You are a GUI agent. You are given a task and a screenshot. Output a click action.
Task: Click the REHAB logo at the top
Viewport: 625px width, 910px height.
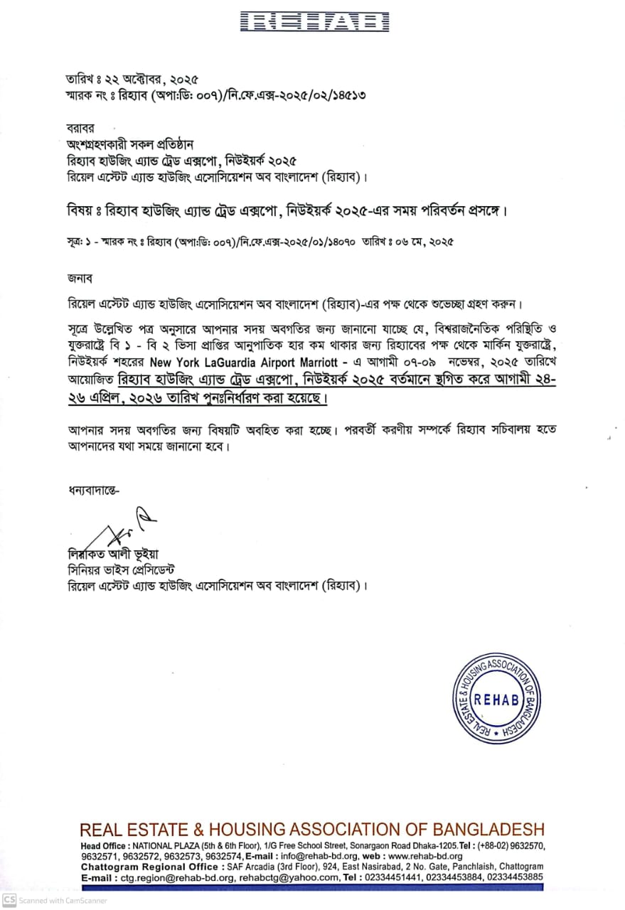point(314,22)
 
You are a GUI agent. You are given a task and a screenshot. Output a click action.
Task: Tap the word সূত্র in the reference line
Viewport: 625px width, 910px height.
point(70,242)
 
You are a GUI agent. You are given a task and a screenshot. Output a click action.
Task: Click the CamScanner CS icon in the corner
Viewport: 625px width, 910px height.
point(9,900)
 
